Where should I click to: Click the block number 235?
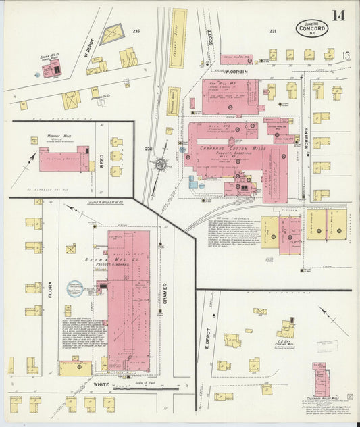coord(136,32)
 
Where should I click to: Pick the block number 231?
coord(272,31)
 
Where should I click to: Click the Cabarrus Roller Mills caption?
coord(323,397)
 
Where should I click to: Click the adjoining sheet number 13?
coord(346,56)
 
